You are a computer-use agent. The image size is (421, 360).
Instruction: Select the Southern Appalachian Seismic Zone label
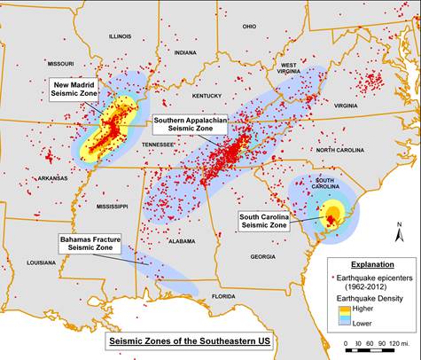coord(189,123)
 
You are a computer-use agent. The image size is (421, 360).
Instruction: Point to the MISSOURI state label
coord(61,64)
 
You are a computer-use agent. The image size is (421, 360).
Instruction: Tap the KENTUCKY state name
coord(205,95)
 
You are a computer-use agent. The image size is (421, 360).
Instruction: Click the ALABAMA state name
coord(181,240)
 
